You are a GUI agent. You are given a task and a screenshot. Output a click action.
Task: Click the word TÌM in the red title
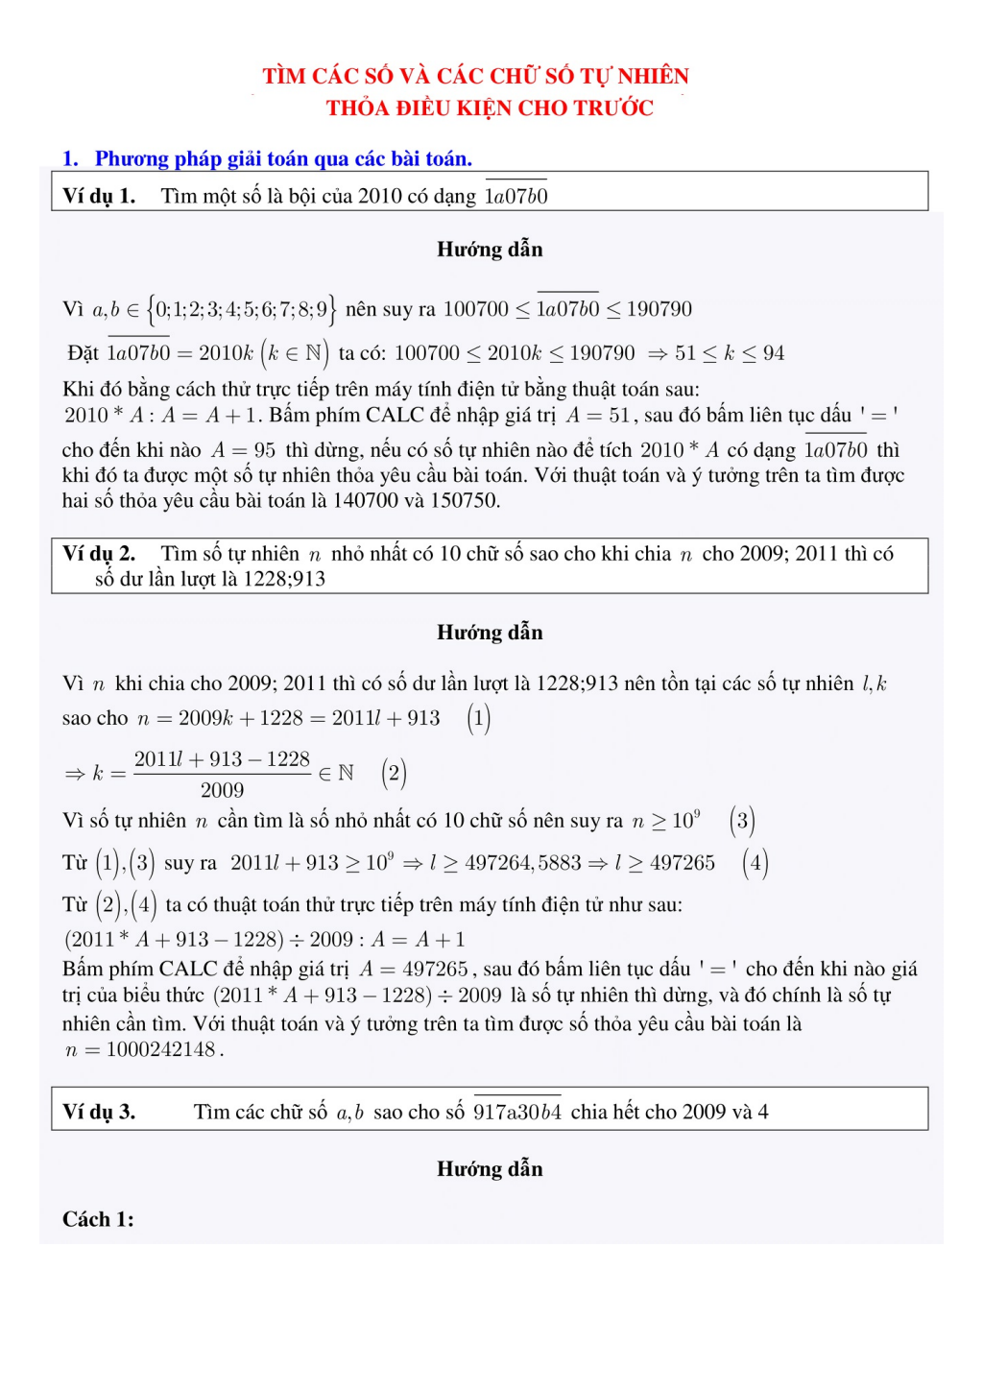[x=284, y=77]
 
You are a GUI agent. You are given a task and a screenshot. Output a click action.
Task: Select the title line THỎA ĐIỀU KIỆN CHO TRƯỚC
[x=490, y=108]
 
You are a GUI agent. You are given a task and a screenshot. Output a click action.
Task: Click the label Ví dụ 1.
[x=99, y=197]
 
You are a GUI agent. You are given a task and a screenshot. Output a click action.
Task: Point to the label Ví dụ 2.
[x=99, y=554]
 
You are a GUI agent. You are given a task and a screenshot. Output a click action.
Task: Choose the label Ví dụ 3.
[x=99, y=1112]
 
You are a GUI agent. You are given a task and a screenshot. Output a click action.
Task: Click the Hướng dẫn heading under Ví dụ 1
[x=490, y=250]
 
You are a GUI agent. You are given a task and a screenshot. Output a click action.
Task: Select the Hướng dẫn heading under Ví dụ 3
[x=490, y=1169]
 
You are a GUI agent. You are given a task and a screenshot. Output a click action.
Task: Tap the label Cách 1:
[x=98, y=1220]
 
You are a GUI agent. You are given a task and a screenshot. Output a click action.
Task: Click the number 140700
[x=365, y=501]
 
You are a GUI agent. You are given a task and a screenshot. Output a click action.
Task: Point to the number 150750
[x=465, y=501]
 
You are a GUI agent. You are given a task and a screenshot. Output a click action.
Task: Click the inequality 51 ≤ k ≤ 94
[x=730, y=353]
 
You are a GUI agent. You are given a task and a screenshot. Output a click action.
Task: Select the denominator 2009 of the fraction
[x=222, y=791]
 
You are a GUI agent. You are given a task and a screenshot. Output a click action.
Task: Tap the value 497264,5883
[x=523, y=863]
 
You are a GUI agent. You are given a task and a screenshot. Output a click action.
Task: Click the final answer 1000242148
[x=160, y=1049]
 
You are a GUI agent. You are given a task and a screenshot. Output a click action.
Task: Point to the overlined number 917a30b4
[x=517, y=1113]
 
